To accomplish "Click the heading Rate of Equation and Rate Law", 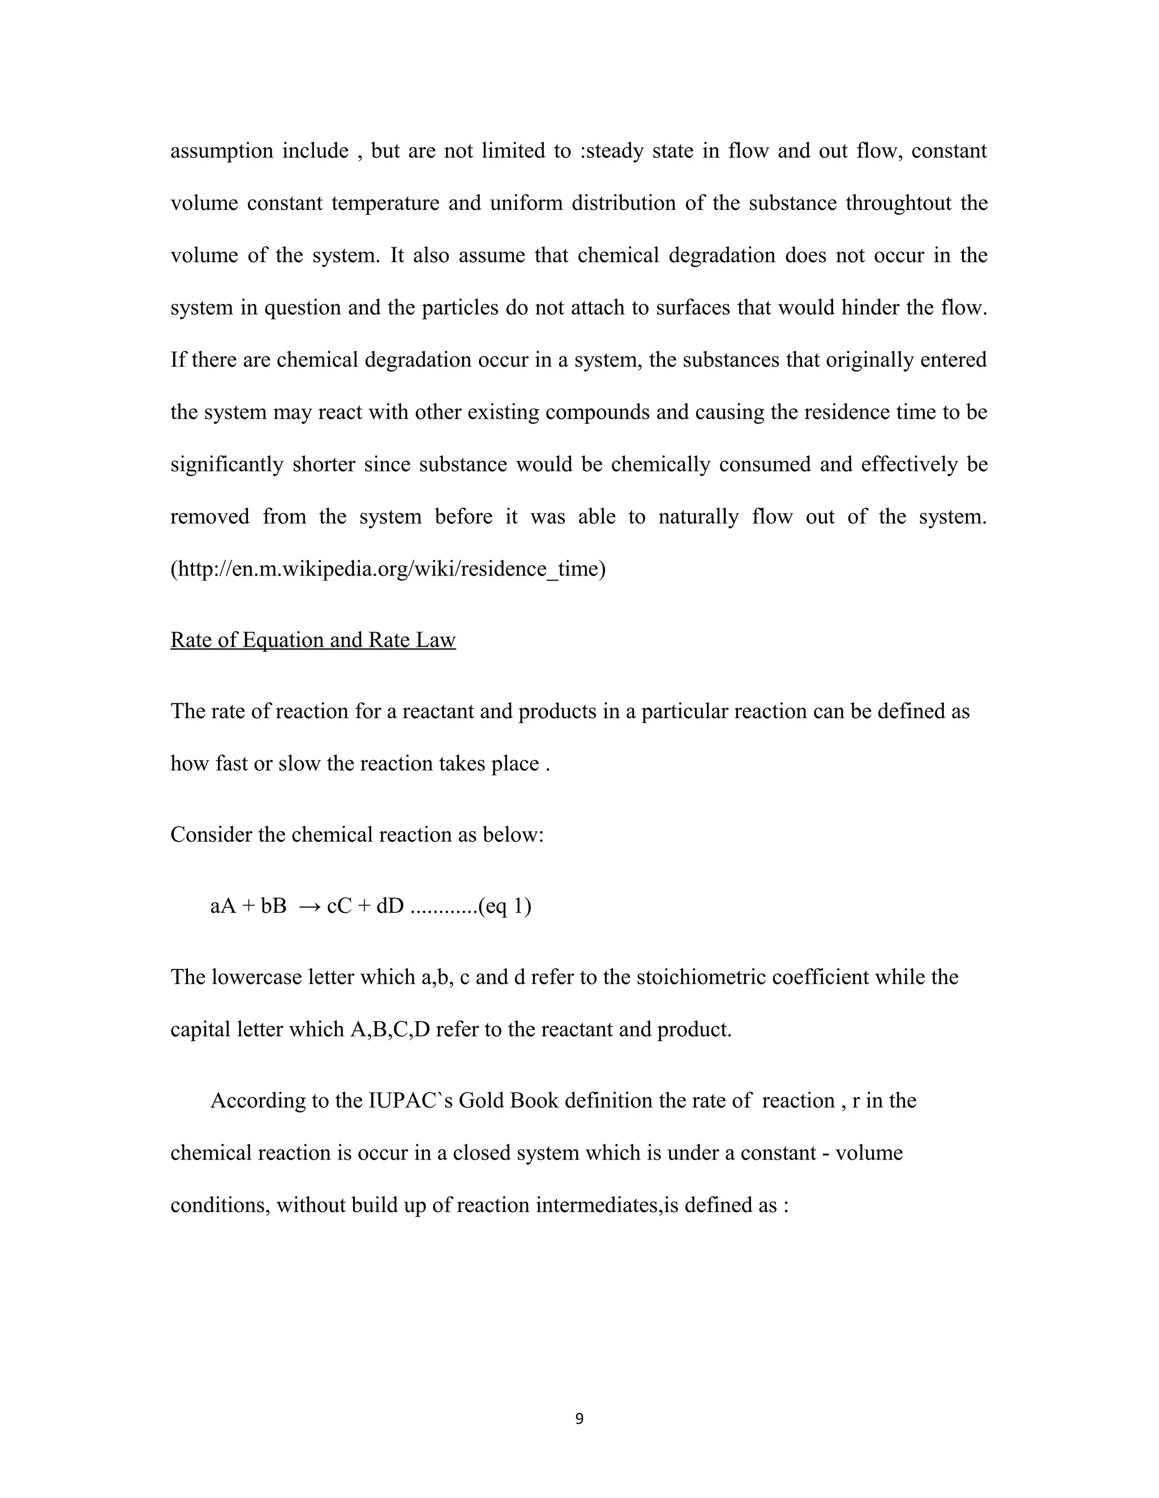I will pyautogui.click(x=313, y=640).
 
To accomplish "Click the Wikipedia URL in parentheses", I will pyautogui.click(x=388, y=569).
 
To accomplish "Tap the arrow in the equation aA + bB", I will pyautogui.click(x=310, y=907).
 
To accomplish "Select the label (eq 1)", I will pyautogui.click(x=505, y=907).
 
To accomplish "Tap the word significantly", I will pyautogui.click(x=226, y=465).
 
